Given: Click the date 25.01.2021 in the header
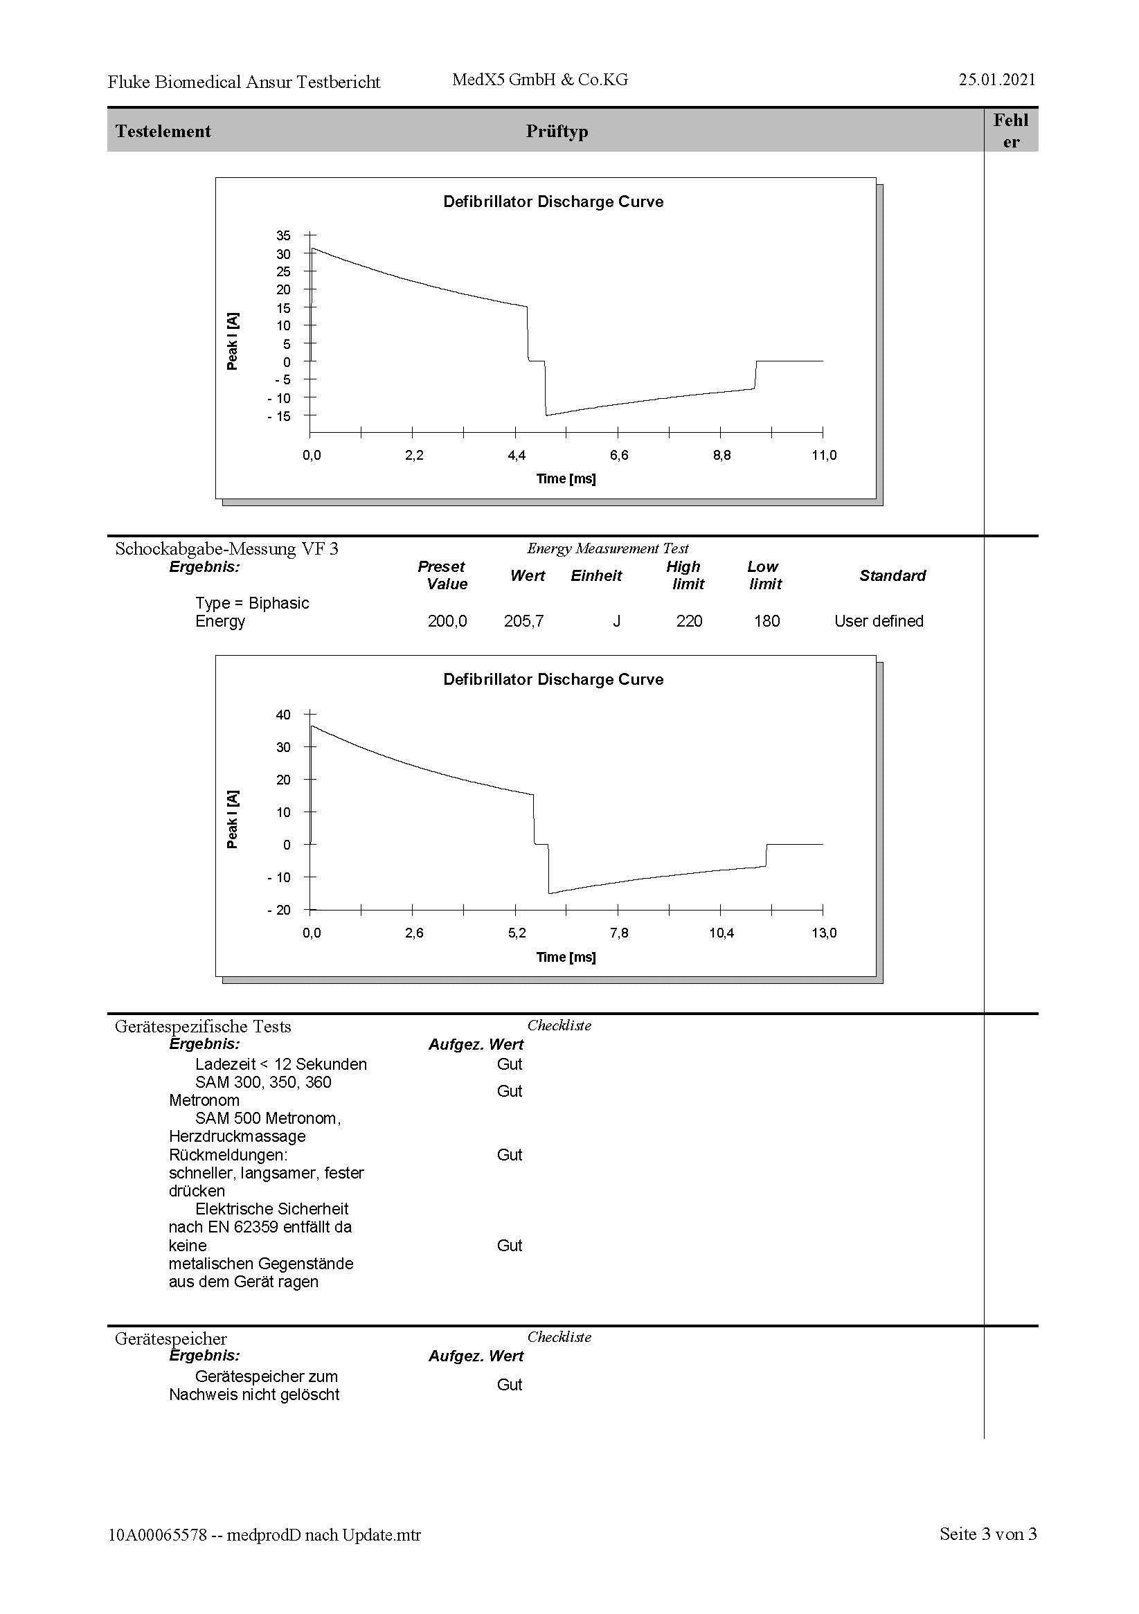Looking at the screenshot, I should [996, 80].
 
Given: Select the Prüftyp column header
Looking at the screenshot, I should [557, 132].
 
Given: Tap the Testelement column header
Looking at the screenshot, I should [163, 132].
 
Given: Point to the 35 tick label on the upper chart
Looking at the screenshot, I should [283, 235].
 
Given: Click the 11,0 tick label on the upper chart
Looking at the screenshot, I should [824, 456].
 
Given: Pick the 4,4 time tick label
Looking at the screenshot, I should [517, 456].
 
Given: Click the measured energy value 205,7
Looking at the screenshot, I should [523, 621].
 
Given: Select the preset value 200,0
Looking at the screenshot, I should [447, 621].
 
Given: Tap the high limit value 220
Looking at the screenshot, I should [689, 621].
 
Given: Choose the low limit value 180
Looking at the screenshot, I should [766, 621].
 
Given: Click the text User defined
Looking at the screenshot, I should [879, 621].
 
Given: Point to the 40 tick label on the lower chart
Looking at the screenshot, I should [283, 715].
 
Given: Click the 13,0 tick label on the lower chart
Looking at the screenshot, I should [824, 933].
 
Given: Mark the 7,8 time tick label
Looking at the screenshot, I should [620, 933].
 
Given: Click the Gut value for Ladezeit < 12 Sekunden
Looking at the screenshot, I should [510, 1064].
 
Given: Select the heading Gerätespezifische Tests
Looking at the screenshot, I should [203, 1027].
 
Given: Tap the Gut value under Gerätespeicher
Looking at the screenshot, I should [510, 1385].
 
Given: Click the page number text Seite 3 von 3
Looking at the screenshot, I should [988, 1534].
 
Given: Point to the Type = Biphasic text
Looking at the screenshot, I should [253, 603].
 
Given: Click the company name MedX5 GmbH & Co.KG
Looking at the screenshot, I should [540, 80].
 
